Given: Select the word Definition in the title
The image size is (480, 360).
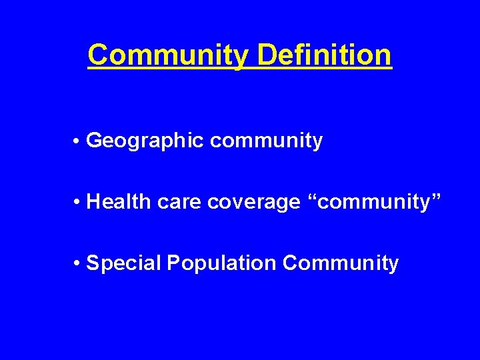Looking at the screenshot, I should pos(325,55).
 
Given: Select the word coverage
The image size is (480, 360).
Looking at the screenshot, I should pos(254,202).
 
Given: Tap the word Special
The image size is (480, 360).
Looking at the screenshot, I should pos(125,263).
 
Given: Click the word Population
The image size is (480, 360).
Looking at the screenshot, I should pos(221,263).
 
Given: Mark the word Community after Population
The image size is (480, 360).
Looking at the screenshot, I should pos(340,263).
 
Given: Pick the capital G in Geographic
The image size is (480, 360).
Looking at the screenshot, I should pos(94,141).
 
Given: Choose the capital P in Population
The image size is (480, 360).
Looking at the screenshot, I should pos(173,263).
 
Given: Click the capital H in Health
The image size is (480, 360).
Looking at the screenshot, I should pos(93,201).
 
